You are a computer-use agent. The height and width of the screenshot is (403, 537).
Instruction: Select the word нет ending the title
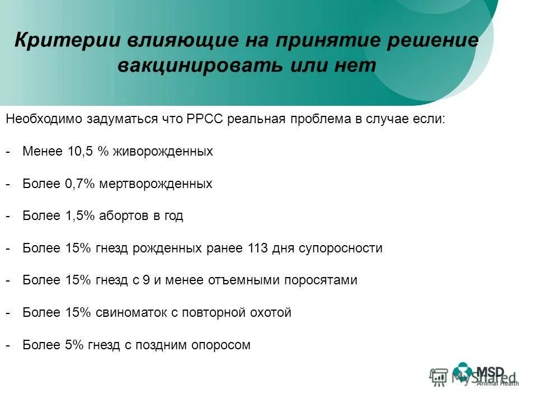357,65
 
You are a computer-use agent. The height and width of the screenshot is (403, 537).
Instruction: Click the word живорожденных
163,152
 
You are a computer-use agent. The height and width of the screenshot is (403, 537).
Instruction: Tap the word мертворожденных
157,184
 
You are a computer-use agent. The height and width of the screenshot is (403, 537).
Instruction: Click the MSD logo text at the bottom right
490,372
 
